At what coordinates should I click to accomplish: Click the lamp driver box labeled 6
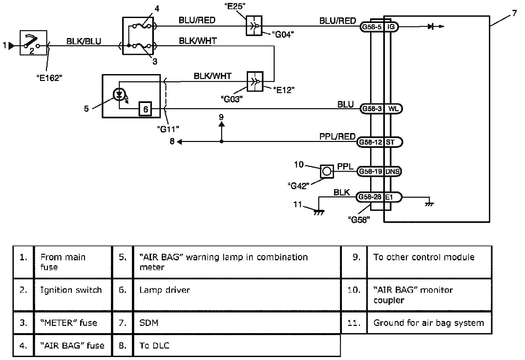(x=146, y=109)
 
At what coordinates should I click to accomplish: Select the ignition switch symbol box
(x=33, y=43)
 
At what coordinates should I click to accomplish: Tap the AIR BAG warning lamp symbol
(x=119, y=95)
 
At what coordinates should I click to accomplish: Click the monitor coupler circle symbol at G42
(x=327, y=171)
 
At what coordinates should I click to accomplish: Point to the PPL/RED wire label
(x=337, y=136)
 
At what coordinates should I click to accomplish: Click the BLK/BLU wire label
(x=84, y=41)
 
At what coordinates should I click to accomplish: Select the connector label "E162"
(x=49, y=78)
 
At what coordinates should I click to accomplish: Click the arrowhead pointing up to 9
(x=221, y=124)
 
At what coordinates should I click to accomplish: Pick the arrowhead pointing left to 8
(x=179, y=142)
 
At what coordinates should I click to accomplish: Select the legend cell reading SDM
(x=236, y=323)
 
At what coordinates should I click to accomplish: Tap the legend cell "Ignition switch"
(x=73, y=290)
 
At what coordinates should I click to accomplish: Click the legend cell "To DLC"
(x=236, y=345)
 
